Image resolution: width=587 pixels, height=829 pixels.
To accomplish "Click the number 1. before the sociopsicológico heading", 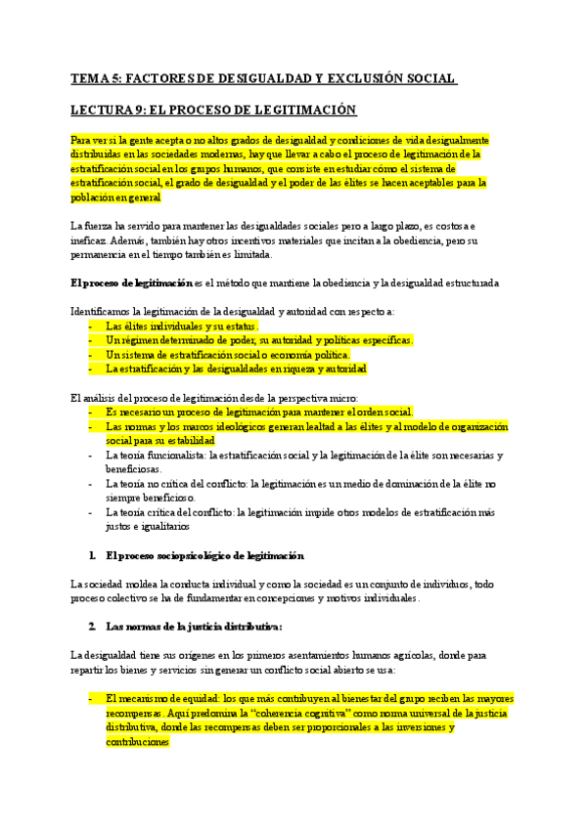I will (x=92, y=555).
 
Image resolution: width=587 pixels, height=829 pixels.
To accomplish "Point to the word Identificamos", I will (x=103, y=311).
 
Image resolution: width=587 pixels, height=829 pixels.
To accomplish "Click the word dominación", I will (x=391, y=483).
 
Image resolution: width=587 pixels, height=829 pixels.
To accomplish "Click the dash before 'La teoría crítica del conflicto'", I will (x=91, y=511).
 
